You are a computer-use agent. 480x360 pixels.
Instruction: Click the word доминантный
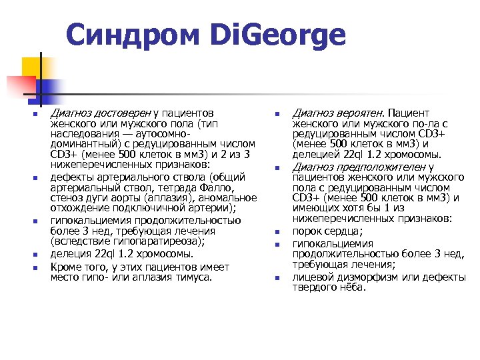(x=81, y=144)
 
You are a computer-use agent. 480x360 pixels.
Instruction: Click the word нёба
(x=353, y=287)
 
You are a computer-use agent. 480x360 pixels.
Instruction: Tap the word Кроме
(x=65, y=267)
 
